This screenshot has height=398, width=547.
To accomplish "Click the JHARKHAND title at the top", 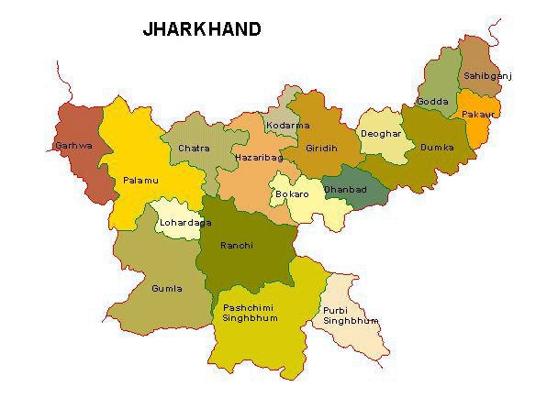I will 202,29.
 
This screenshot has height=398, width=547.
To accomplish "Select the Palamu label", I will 140,181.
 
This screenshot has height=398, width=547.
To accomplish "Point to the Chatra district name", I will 194,148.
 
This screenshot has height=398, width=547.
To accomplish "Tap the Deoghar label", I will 380,134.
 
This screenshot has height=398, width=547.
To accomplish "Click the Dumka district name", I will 436,147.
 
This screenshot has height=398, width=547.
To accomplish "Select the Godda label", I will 431,101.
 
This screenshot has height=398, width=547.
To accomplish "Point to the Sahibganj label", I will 486,75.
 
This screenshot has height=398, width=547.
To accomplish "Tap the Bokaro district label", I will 289,196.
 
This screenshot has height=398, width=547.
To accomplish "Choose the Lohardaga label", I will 180,222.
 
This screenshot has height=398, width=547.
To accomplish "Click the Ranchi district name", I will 237,246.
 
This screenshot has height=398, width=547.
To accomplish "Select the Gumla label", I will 167,289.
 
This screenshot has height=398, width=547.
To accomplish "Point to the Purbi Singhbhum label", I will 350,315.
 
